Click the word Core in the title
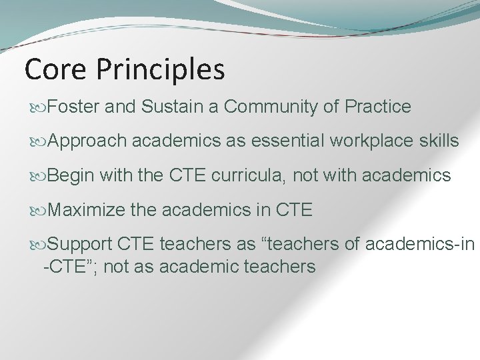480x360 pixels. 55,69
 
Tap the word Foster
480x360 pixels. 74,106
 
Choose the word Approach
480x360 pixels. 87,141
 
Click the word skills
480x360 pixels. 441,141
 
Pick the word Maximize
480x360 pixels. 86,211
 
